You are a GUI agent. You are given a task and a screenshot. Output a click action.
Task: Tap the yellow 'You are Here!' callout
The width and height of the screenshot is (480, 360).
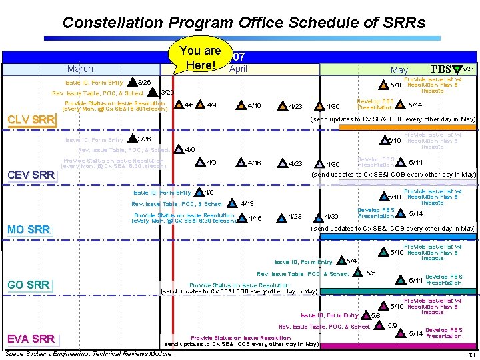coord(200,58)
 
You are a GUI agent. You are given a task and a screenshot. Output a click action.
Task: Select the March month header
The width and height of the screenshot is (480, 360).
coord(80,69)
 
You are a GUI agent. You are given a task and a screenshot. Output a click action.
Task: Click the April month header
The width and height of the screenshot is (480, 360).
coord(238,69)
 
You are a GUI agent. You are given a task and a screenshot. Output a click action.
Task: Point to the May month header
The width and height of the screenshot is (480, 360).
coord(399,69)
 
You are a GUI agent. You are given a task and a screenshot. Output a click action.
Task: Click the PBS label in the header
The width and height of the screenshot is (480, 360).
coord(441,69)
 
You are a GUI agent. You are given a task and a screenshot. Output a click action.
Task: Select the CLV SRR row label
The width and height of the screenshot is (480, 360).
coord(30,120)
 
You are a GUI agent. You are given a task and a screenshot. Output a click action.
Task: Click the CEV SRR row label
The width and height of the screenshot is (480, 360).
coord(30,175)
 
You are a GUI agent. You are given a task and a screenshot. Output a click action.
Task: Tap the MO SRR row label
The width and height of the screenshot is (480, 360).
coord(29,229)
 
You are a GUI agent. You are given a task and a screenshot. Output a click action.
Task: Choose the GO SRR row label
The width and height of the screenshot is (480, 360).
coord(29,285)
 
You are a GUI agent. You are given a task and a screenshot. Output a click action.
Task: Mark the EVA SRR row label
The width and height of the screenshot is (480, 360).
coord(31,338)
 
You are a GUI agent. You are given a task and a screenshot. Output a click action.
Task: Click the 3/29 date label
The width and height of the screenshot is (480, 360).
coord(168,92)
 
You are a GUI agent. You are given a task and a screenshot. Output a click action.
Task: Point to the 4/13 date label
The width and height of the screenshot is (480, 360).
coord(246,203)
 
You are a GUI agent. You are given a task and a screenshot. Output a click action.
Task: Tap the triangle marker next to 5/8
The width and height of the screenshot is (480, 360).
coord(365,315)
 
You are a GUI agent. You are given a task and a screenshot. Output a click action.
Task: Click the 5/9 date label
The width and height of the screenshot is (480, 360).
coord(393,326)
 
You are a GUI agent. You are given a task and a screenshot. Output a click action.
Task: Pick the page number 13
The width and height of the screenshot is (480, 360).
coord(470,355)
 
